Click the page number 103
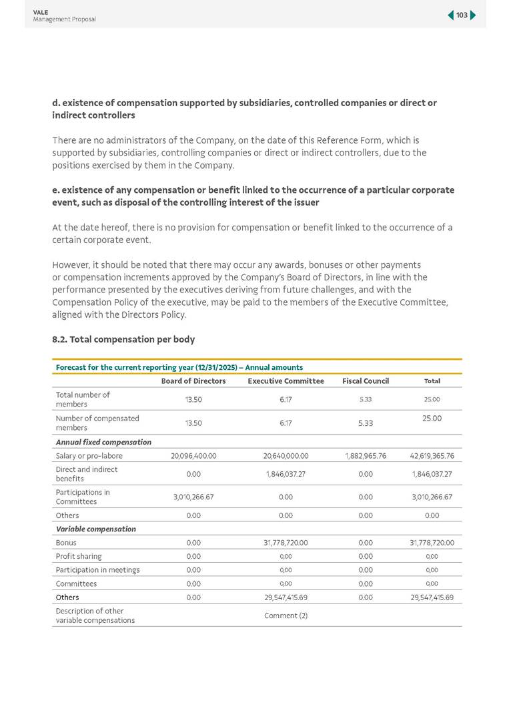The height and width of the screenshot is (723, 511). click(462, 15)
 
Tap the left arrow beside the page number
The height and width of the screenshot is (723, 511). click(451, 15)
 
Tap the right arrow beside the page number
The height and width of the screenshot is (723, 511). click(473, 15)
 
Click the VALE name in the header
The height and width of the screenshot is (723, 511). click(41, 12)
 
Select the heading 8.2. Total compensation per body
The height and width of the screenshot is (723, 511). click(123, 339)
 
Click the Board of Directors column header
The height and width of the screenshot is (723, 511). click(193, 381)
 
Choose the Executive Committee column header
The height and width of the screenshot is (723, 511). click(286, 381)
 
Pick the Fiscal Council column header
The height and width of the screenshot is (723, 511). click(366, 381)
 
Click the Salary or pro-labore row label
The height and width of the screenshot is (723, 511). click(89, 456)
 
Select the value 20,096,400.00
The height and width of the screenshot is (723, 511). click(193, 456)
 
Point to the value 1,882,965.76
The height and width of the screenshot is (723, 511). click(366, 456)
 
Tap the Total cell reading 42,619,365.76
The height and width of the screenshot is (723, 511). click(432, 456)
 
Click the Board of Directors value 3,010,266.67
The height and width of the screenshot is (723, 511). click(193, 497)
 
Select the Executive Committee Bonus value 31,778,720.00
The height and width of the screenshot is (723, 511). click(286, 543)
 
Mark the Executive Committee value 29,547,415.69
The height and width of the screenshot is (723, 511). click(286, 597)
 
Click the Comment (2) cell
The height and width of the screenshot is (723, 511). click(286, 616)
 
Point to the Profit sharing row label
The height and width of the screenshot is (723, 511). click(79, 556)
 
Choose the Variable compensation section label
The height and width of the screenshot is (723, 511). click(96, 529)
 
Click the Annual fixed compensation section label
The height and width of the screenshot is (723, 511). click(103, 442)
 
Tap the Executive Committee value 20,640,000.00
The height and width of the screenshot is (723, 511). click(286, 456)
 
